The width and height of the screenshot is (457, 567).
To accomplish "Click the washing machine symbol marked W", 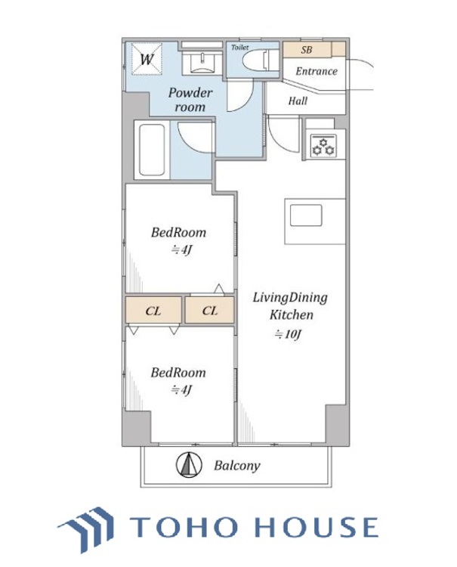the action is click(147, 59).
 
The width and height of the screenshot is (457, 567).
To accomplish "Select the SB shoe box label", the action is click(307, 50).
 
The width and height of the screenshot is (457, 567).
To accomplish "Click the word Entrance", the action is click(317, 71).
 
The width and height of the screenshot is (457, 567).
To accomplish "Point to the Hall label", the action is click(298, 101).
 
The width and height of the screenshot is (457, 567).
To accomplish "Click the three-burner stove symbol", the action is click(323, 146).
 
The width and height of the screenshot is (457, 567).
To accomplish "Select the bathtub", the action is click(152, 150).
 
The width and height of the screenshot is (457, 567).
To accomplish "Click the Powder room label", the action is click(190, 100).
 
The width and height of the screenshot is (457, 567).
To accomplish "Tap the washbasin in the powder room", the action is click(202, 63).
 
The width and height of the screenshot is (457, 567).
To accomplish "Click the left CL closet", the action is click(153, 310).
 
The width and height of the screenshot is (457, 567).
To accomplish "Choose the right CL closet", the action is click(209, 310).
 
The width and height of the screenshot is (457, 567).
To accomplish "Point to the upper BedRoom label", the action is click(178, 232).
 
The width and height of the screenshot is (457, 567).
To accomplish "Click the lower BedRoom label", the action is click(178, 373).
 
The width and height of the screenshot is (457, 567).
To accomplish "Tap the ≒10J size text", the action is click(288, 334).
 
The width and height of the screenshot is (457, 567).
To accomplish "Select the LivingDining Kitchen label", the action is click(290, 306).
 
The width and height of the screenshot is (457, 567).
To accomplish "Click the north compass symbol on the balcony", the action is click(189, 465).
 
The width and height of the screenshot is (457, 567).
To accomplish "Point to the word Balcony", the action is click(237, 466).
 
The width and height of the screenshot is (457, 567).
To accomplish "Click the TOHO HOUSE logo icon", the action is click(85, 529).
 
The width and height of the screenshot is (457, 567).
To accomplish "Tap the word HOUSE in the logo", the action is click(317, 526).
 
